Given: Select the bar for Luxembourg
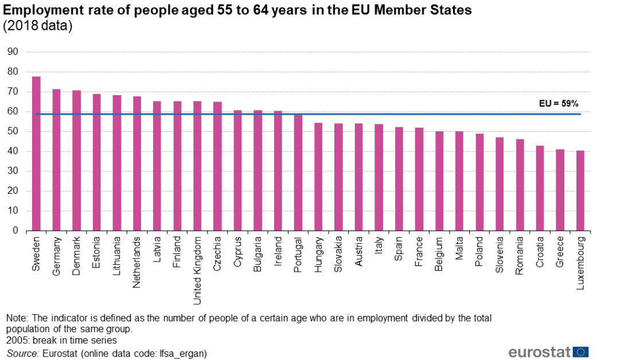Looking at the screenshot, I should (x=580, y=190).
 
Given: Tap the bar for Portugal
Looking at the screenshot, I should (x=298, y=172).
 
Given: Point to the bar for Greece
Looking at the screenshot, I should (x=560, y=190).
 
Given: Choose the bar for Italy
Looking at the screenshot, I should (x=378, y=177).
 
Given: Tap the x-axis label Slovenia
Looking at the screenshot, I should (x=500, y=253).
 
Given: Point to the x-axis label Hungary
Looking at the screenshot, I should (x=318, y=253).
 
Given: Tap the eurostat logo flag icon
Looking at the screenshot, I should (x=580, y=352).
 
